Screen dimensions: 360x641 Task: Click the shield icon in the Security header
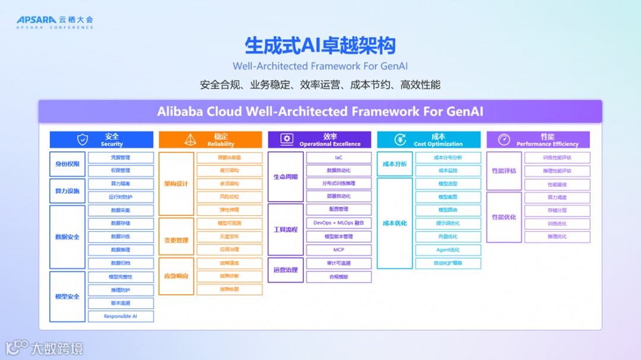point(82,139)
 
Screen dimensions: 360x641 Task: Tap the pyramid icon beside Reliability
point(190,139)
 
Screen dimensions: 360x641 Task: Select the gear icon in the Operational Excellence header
point(287,139)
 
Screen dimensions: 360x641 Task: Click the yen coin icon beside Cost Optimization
point(400,139)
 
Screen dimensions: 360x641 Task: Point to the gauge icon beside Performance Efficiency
point(504,139)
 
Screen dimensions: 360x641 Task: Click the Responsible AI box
point(120,316)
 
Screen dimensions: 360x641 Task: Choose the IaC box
point(338,158)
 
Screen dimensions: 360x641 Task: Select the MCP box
point(338,250)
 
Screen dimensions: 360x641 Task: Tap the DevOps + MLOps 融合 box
point(338,223)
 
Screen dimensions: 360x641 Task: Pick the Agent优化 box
point(448,250)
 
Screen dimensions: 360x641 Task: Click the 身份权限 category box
point(67,164)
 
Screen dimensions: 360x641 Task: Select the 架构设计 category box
point(176,184)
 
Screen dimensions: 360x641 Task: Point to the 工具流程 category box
point(285,230)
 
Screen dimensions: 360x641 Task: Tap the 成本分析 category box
point(395,164)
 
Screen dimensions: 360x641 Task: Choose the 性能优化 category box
point(504,217)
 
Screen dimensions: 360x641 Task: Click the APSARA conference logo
point(55,23)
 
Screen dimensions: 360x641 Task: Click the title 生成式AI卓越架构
point(320,46)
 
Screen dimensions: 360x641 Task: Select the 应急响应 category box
point(176,276)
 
